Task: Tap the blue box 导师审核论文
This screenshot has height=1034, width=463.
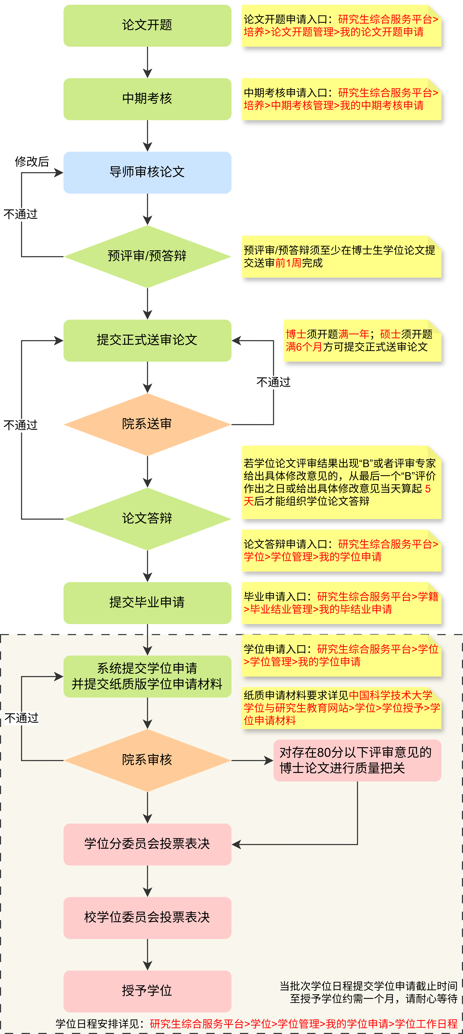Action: [x=147, y=173]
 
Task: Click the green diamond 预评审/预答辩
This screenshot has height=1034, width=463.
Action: [x=147, y=256]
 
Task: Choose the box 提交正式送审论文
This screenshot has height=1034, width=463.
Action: [x=147, y=340]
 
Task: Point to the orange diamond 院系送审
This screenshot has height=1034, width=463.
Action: [x=147, y=424]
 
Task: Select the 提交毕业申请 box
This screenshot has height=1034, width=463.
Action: [x=147, y=603]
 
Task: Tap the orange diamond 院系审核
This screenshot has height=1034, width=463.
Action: [x=147, y=760]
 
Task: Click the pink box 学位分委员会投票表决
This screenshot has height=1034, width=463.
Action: [x=147, y=844]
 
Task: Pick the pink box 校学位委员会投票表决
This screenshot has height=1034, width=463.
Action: [x=147, y=918]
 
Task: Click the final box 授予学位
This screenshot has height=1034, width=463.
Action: [x=147, y=991]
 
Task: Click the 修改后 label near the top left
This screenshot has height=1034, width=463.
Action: [x=32, y=161]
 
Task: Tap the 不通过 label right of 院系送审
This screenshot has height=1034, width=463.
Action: [x=273, y=382]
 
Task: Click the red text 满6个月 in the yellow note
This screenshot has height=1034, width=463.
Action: [x=304, y=347]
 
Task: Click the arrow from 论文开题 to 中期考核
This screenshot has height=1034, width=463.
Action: [x=147, y=62]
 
